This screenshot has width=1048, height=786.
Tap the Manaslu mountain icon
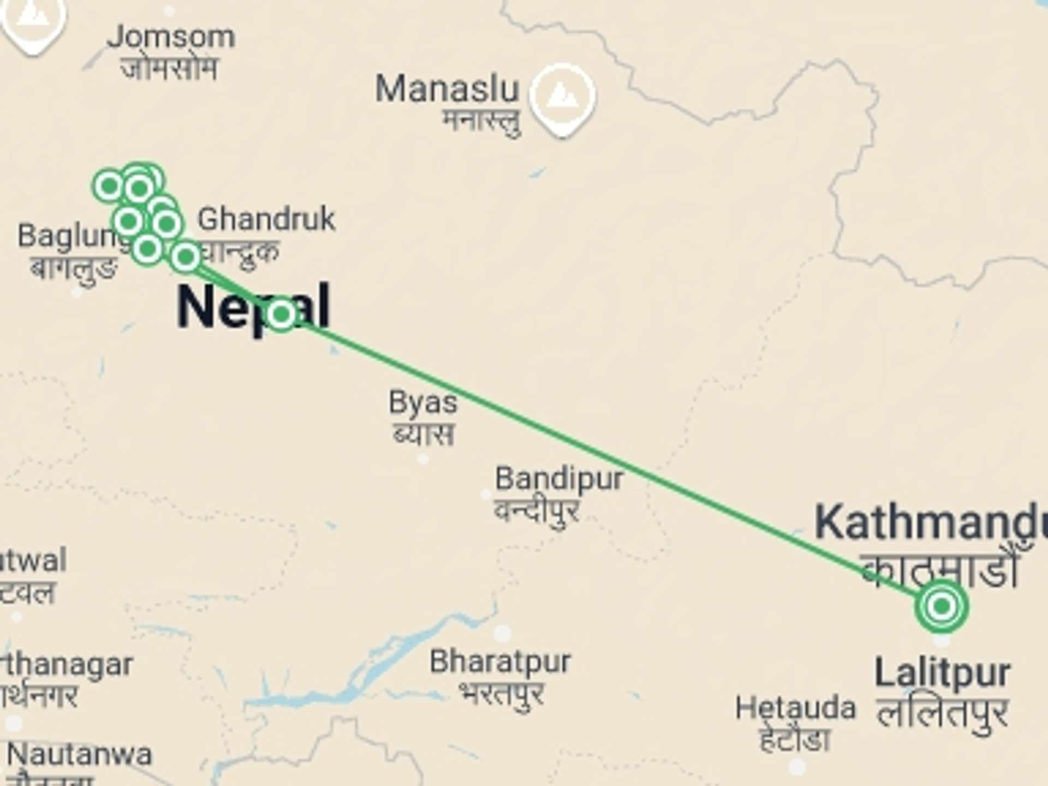[562, 97]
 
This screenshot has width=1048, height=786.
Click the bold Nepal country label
[253, 307]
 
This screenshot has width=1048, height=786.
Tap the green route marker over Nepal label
[281, 314]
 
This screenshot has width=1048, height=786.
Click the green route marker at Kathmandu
[942, 606]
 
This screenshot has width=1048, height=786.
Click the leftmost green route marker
[109, 186]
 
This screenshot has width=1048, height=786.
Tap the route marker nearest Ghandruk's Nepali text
[186, 255]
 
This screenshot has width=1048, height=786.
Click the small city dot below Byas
[424, 459]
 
